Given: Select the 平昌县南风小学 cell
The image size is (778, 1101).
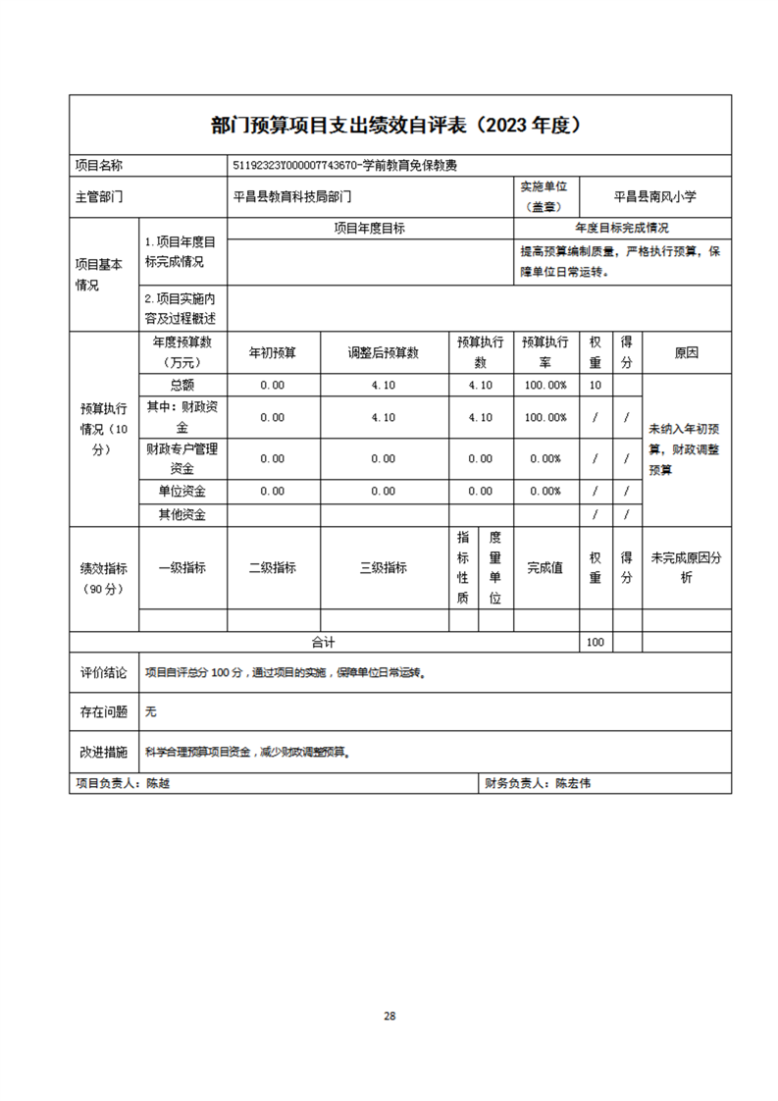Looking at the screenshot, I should pyautogui.click(x=654, y=196).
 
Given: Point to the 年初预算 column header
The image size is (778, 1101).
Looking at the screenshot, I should pyautogui.click(x=272, y=353).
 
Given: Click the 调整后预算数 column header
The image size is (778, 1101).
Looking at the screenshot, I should pyautogui.click(x=384, y=353).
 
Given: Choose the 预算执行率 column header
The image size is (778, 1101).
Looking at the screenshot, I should pyautogui.click(x=545, y=353).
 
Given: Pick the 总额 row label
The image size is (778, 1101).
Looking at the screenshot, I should pyautogui.click(x=182, y=385).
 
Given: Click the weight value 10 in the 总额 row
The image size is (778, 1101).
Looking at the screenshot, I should pyautogui.click(x=595, y=385).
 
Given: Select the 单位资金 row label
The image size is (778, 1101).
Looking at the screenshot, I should pyautogui.click(x=182, y=491).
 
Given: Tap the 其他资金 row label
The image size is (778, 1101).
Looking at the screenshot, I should pyautogui.click(x=182, y=514).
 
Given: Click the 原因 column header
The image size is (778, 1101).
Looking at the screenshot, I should pyautogui.click(x=686, y=353).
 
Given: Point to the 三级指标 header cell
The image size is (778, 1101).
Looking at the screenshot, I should pyautogui.click(x=384, y=567).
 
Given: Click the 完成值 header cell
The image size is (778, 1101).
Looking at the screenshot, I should pyautogui.click(x=545, y=567).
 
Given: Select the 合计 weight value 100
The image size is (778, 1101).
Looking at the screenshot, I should pyautogui.click(x=595, y=642).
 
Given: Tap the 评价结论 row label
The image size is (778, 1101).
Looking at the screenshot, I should pyautogui.click(x=103, y=673).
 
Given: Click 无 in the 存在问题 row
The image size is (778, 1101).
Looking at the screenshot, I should pyautogui.click(x=150, y=710).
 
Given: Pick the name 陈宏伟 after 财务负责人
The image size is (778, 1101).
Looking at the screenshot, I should pyautogui.click(x=573, y=784).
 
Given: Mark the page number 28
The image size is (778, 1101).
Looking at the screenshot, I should pyautogui.click(x=389, y=1016).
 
